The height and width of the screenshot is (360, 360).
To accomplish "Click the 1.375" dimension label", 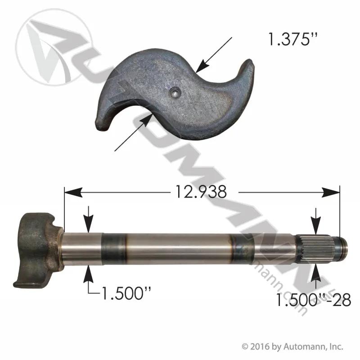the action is pos(290,39).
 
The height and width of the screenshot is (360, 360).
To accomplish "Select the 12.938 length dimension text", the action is pos(201,192).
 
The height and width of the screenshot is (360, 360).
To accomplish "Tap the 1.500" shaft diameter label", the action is pos(126,293).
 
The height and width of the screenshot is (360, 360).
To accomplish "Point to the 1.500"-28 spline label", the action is pos(313,300).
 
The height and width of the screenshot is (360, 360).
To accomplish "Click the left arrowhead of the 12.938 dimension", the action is pos(73,192).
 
